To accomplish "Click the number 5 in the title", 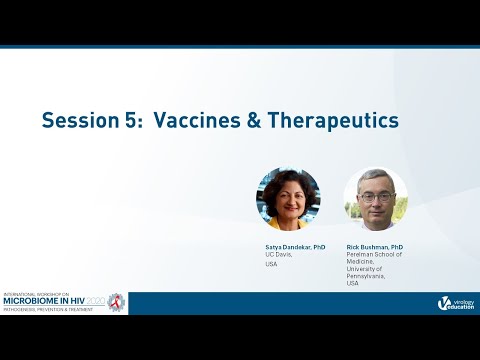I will pos(132,120).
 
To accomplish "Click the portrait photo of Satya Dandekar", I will pos(288,199).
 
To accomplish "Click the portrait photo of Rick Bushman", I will pos(375,199).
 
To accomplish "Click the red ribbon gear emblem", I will pos(116,302).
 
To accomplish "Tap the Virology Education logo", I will pos(455,303).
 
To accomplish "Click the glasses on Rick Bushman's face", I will pos(375,197).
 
